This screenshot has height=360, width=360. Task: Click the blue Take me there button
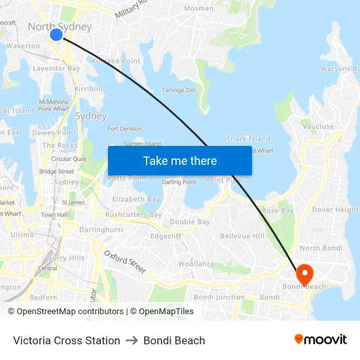coord(179,161)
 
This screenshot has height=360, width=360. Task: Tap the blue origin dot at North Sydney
coord(56,34)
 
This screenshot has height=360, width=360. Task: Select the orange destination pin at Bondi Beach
coord(304,273)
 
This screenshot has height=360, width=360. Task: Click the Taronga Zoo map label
coord(178,90)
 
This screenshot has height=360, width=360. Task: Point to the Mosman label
coord(198,9)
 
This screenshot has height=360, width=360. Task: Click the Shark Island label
coord(248,139)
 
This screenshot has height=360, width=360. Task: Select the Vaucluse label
coord(318,127)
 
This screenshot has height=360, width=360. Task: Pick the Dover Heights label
coord(335,210)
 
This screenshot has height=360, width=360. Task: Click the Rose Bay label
coord(278,211)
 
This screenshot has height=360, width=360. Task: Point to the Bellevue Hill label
coord(242,236)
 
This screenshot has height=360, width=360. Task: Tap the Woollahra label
coord(196,264)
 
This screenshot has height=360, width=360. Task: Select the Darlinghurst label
coord(101,230)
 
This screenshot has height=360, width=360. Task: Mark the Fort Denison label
coord(124,129)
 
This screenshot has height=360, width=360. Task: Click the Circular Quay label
coord(69,158)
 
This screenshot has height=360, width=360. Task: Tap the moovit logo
coord(321,340)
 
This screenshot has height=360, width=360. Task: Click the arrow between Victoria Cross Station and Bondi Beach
coord(132,340)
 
